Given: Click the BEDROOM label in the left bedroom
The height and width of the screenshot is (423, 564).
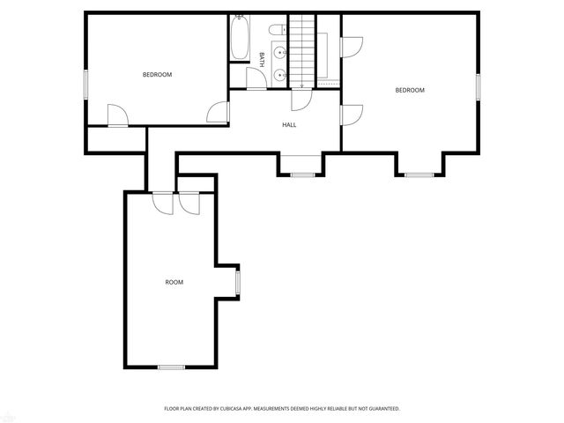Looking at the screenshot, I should point(157,75).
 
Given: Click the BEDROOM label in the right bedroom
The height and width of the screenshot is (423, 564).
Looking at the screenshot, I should point(409,90).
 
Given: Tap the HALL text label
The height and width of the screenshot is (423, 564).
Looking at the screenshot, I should point(289,125).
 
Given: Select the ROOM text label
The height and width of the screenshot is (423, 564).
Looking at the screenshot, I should point(174,282).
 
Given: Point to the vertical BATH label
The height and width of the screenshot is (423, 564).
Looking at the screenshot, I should point(262,59).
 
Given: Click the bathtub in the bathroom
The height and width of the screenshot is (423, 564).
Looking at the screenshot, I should point(239,40).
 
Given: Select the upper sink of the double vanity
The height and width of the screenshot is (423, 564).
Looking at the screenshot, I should point(279,52).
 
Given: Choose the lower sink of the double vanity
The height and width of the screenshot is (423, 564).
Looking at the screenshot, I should point(279,75).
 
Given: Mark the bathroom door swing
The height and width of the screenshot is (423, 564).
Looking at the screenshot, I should point(256,80).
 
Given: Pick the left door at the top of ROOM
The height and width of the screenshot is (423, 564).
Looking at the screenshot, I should point(162,202).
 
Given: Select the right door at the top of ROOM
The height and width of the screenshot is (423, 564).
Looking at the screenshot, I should point(189,202).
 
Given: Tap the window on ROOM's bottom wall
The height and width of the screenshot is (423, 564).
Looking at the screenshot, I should point(171,367).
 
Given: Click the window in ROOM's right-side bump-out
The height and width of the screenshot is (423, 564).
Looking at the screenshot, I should point(237,281).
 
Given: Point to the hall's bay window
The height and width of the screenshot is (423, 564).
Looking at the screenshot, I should point(302,174).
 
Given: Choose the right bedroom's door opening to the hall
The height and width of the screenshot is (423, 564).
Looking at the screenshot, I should point(351,114).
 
